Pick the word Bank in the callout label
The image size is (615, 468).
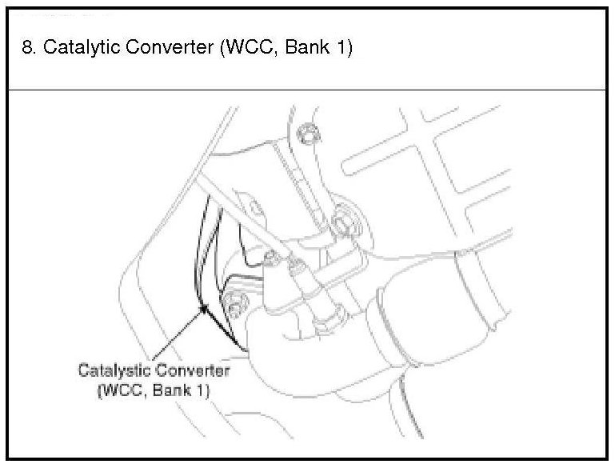click(174, 391)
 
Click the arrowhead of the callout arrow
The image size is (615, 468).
click(205, 308)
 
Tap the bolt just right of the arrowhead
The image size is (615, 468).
click(235, 307)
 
